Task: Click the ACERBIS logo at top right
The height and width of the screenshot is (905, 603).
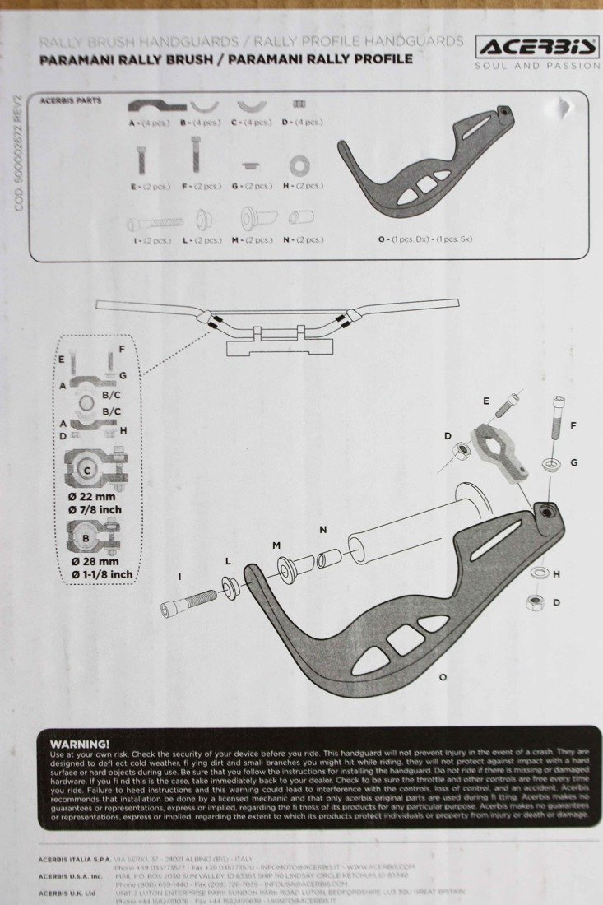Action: (x=537, y=46)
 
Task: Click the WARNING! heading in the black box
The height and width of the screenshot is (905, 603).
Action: (x=79, y=743)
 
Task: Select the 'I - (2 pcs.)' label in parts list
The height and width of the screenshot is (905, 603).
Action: (x=150, y=240)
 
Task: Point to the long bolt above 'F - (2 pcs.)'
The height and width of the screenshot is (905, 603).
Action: (x=196, y=154)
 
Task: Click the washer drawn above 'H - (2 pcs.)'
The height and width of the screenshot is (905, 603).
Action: (x=298, y=165)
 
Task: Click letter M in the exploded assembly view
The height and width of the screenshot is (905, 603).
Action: (x=276, y=545)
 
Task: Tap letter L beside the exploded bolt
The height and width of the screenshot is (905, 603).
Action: (x=228, y=560)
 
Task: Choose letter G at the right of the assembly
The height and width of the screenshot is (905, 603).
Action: (x=573, y=462)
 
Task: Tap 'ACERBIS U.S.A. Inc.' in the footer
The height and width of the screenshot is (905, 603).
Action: (x=69, y=876)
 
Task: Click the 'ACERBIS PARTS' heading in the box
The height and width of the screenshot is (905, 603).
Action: (x=71, y=100)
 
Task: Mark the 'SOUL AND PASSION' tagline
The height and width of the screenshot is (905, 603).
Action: (x=537, y=66)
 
